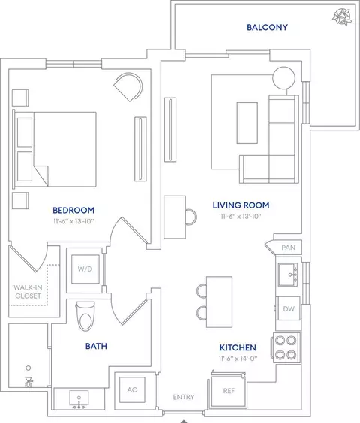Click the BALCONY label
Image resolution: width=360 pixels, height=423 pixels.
pyautogui.click(x=267, y=27)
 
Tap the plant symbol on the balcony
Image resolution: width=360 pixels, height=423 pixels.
pyautogui.click(x=342, y=16)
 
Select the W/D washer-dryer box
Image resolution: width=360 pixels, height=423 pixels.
pyautogui.click(x=85, y=269)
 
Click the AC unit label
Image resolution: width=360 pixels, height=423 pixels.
pyautogui.click(x=132, y=389)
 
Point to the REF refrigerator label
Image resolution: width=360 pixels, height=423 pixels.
pyautogui.click(x=229, y=391)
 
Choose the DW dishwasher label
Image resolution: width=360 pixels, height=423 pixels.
pyautogui.click(x=289, y=309)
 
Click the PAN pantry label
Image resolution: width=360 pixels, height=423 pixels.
pyautogui.click(x=289, y=247)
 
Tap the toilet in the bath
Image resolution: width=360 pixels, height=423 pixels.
pyautogui.click(x=85, y=316)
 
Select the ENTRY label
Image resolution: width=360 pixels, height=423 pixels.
pyautogui.click(x=184, y=397)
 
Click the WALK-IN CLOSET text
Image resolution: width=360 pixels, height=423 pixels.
pyautogui.click(x=28, y=292)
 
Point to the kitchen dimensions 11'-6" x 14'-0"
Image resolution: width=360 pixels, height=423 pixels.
pyautogui.click(x=238, y=358)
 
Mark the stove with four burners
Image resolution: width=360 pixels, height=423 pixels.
pyautogui.click(x=286, y=347)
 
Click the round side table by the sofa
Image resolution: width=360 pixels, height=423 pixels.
pyautogui.click(x=284, y=78)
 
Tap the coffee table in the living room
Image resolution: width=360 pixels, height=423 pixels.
pyautogui.click(x=247, y=123)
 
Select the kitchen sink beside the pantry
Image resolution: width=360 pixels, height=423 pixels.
pyautogui.click(x=288, y=274)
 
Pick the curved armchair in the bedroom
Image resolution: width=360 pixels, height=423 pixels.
pyautogui.click(x=128, y=86)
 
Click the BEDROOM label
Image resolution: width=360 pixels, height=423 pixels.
pyautogui.click(x=73, y=211)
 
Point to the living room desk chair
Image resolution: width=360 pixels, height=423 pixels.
pyautogui.click(x=191, y=217)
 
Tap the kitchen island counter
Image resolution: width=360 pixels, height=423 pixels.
pyautogui.click(x=220, y=301)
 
